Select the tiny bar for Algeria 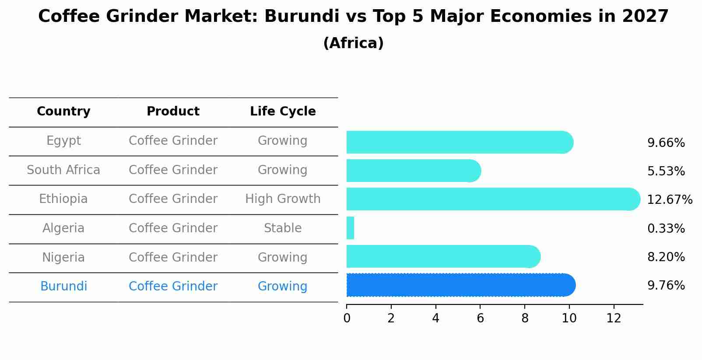tap(350, 228)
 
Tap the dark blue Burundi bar tap(460, 285)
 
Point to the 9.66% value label tap(666, 143)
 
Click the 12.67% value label tap(669, 200)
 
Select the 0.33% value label tap(666, 228)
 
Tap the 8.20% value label tap(666, 257)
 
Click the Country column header tap(63, 112)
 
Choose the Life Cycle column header tap(283, 112)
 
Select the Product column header tap(173, 112)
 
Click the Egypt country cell tap(63, 141)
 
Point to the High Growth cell tap(283, 199)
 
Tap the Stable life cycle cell tap(283, 228)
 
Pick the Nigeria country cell tap(63, 257)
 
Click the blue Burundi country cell tap(63, 287)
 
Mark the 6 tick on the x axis tap(480, 318)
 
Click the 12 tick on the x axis tap(614, 318)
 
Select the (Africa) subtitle tap(353, 43)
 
